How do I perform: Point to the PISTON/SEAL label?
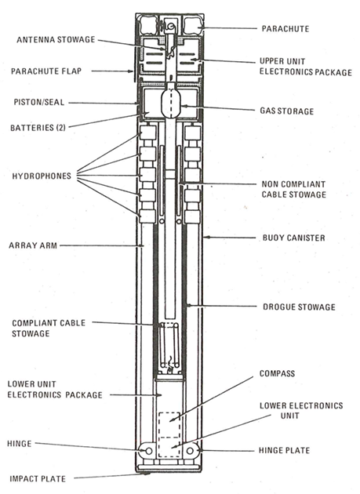click(x=43, y=102)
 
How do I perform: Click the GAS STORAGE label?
click(x=286, y=111)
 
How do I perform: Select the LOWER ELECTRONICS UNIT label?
click(x=302, y=411)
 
